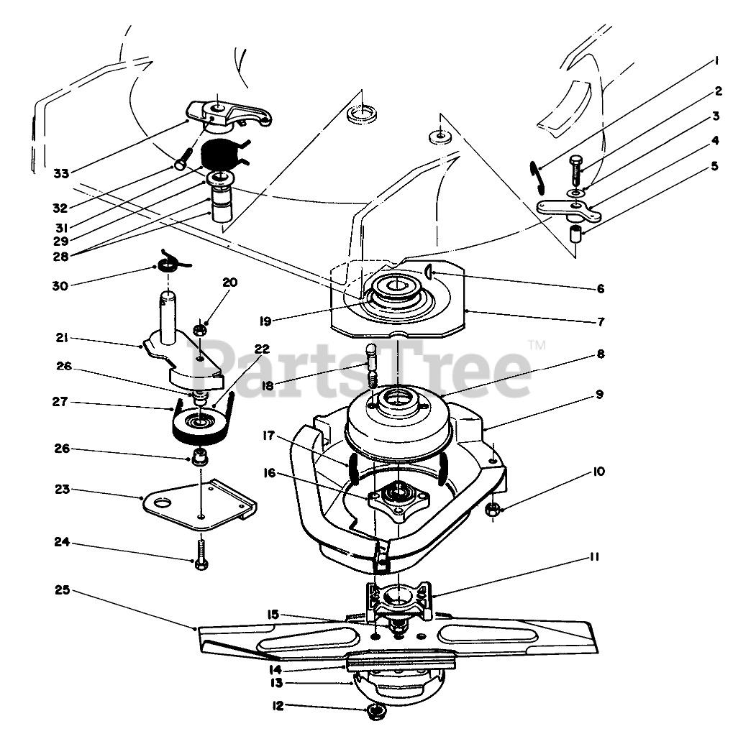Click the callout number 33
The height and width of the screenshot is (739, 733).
tap(62, 173)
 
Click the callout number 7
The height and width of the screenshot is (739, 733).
tap(600, 321)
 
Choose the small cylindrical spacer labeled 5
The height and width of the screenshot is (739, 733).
tap(575, 234)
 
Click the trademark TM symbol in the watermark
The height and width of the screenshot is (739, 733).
tap(537, 346)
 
